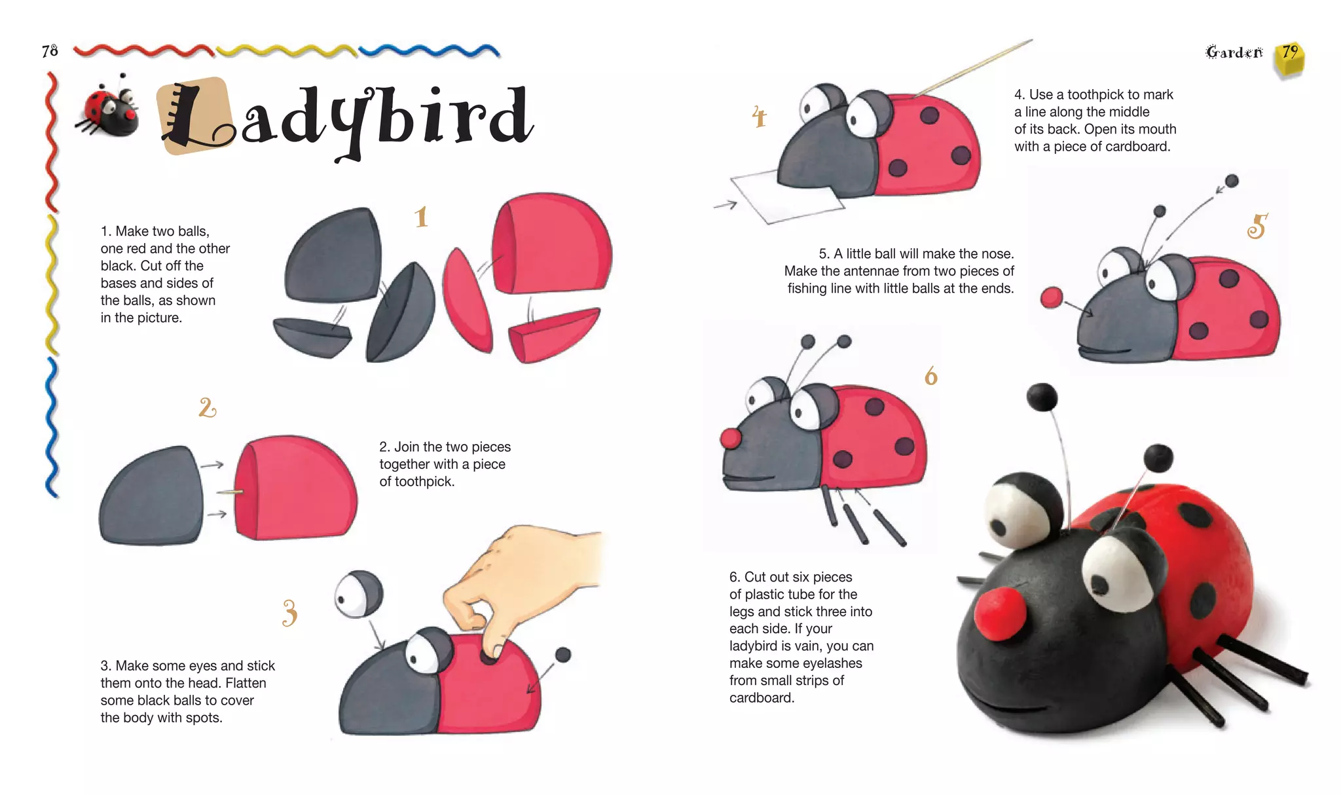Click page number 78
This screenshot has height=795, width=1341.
50,51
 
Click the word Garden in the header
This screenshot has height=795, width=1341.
1234,52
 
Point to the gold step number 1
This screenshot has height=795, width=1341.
421,217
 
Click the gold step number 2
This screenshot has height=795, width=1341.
207,408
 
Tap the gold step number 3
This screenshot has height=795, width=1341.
289,613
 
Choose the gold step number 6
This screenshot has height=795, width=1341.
930,377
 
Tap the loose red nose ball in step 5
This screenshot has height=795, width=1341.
1052,297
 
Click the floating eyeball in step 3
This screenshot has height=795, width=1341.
358,593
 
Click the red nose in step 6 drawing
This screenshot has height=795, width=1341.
731,438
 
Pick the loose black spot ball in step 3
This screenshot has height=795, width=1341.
563,654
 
